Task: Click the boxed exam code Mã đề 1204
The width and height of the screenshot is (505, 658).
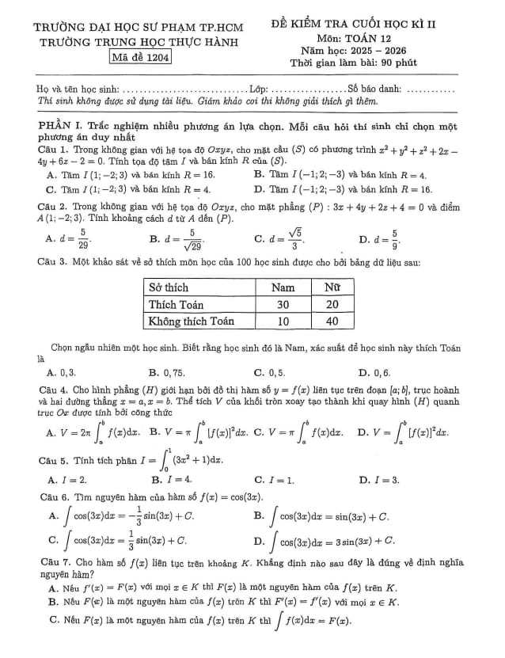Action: coord(141,57)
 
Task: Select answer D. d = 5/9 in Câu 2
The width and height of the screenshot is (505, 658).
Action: coord(378,238)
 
